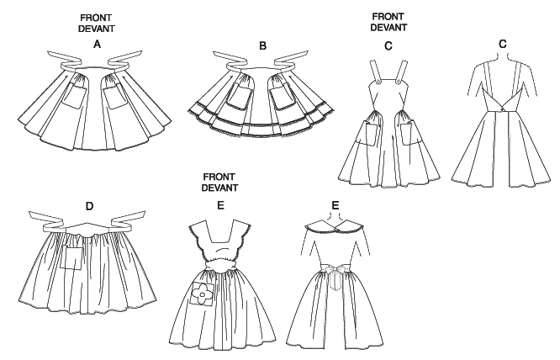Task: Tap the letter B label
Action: tap(262, 45)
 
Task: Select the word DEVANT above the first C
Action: tap(388, 26)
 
